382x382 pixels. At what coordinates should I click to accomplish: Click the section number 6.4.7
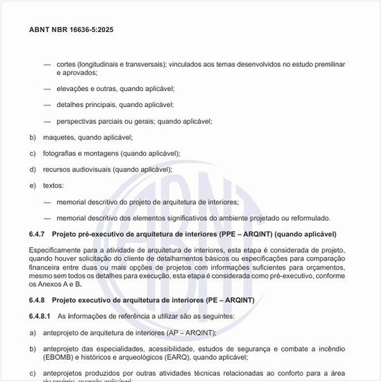(x=38, y=234)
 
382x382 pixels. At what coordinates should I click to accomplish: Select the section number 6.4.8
(x=38, y=299)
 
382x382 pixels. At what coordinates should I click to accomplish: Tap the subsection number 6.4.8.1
(x=40, y=316)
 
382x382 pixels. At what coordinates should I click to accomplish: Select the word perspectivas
(x=78, y=121)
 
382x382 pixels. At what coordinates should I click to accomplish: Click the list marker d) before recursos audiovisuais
(x=32, y=169)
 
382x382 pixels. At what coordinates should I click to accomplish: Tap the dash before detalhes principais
(x=47, y=105)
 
